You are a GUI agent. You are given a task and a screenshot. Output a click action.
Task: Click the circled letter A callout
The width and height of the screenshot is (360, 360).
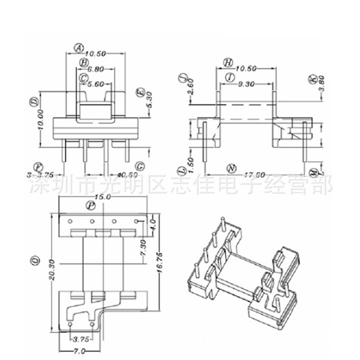[x=79, y=47]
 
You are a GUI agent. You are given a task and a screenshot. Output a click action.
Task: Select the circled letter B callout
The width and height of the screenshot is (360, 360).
[x=84, y=62]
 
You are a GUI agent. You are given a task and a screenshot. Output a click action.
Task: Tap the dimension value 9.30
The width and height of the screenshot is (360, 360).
[x=247, y=84]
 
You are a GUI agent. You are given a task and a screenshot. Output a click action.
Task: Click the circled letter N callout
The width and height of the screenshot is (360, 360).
[x=231, y=168]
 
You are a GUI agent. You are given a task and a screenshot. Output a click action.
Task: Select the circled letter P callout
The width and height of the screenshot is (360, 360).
[x=90, y=205]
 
